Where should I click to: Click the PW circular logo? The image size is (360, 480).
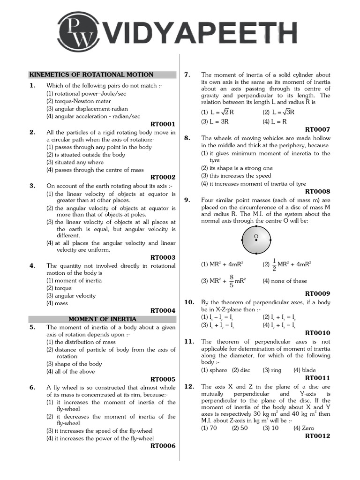pos(79,34)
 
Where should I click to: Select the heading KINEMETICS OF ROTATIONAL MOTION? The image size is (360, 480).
pos(91,75)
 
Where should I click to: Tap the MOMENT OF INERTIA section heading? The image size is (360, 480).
pos(102,319)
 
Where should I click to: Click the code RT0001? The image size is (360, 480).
pos(163,124)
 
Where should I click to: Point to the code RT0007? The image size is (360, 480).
pos(317,129)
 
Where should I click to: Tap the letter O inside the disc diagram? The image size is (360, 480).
pos(256,236)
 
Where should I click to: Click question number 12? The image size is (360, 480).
pos(189,387)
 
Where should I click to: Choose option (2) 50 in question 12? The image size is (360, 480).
pos(240,428)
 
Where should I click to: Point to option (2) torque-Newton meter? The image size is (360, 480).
pos(78,101)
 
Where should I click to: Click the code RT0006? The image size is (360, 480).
pos(163,446)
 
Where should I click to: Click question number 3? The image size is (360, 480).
pos(33,186)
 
